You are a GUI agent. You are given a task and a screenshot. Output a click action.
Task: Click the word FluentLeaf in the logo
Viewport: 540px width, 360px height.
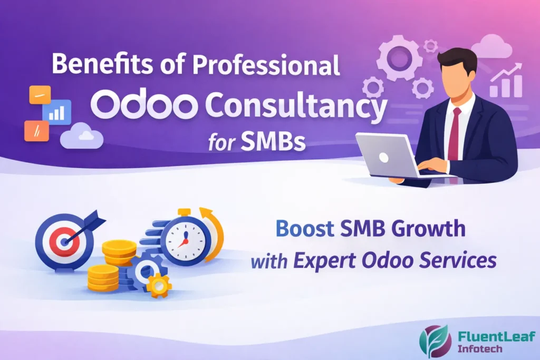point(489,335)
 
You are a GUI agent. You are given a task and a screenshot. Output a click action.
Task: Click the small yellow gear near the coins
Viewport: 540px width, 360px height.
point(159,285)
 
